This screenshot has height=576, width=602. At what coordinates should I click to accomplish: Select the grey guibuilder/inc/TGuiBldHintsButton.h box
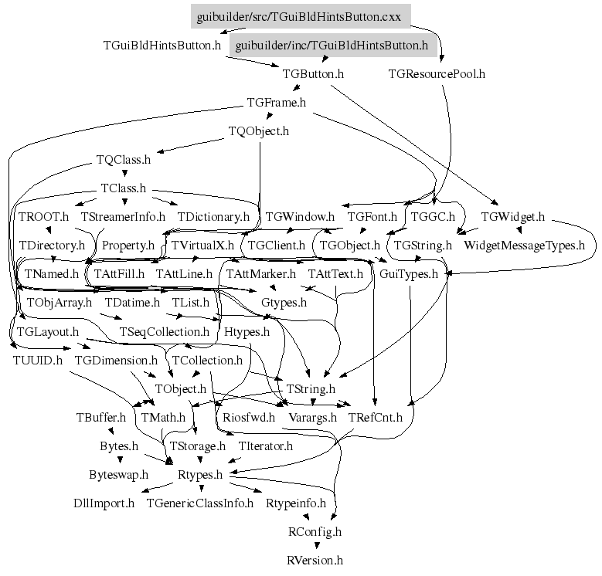pos(332,46)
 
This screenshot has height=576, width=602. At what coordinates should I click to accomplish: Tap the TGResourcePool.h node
pos(437,74)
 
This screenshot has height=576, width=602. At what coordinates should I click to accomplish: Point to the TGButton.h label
pos(313,74)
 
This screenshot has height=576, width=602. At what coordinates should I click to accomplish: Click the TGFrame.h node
pos(276,102)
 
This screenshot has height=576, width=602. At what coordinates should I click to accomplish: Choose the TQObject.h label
pos(259,131)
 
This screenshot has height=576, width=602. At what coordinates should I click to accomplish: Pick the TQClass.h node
pos(124,160)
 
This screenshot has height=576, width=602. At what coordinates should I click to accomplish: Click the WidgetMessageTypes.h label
pos(524,246)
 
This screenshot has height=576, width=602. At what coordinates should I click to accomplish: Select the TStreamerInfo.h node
pos(123,217)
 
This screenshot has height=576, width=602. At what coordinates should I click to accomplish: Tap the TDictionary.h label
pos(213,217)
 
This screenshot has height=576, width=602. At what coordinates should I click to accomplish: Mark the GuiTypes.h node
pos(409,273)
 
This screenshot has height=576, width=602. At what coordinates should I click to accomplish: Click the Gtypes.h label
pos(284,303)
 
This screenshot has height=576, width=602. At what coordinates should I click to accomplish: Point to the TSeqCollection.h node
pos(165,331)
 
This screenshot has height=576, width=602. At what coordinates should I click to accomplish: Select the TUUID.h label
pos(38,360)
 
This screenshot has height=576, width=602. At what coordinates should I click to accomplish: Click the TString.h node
pos(311,388)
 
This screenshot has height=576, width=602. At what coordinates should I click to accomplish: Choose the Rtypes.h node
pos(201,474)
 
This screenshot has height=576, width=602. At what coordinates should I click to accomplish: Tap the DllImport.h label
pos(104,503)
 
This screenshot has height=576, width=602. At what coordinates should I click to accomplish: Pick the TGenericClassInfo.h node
pos(200,503)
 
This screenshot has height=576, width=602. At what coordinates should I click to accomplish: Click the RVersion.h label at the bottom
pos(315,560)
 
